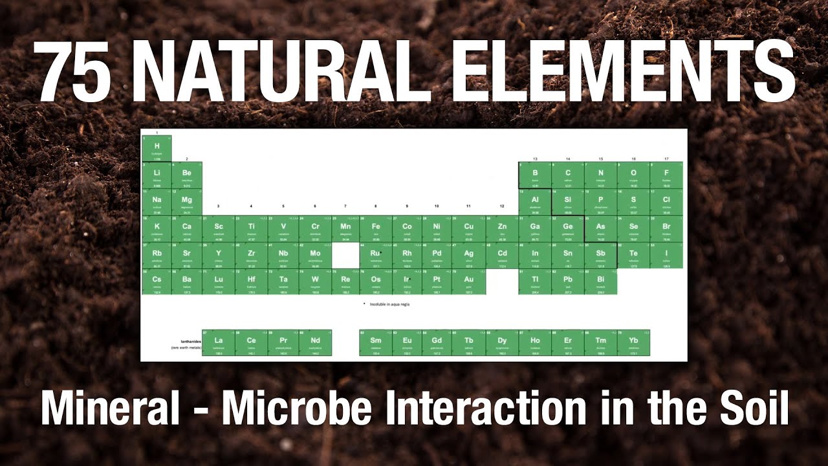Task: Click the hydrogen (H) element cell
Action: (157, 148)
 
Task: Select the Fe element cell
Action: (376, 228)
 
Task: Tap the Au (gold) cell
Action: (469, 282)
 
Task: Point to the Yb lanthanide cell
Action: (633, 342)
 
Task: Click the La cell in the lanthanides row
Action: (219, 342)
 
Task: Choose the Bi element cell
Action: (600, 282)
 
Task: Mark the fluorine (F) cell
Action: (666, 175)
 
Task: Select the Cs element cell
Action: (157, 282)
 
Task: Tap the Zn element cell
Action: (502, 228)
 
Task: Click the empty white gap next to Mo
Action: (346, 255)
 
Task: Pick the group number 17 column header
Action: (666, 159)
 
